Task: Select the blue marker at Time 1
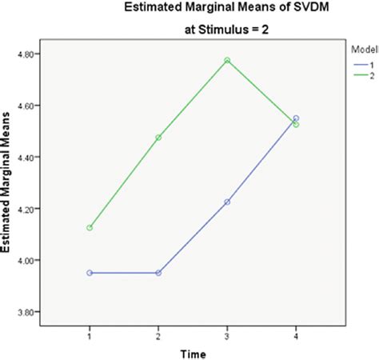point(90,273)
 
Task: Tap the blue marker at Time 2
point(158,273)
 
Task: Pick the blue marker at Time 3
point(227,202)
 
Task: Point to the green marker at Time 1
point(90,228)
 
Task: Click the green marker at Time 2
point(158,138)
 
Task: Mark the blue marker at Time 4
point(296,118)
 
